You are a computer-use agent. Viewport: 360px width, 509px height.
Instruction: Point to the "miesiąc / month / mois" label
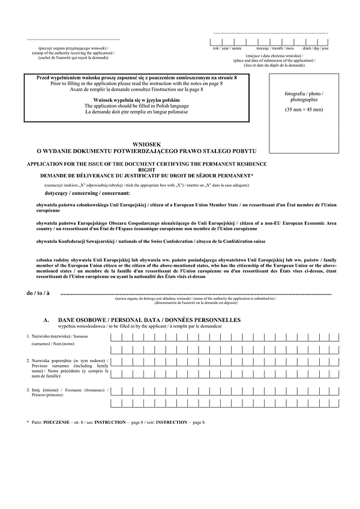tap(275, 48)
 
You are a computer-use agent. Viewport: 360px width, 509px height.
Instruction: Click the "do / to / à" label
tap(38, 293)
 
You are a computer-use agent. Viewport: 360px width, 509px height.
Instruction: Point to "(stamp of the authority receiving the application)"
tap(73, 52)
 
